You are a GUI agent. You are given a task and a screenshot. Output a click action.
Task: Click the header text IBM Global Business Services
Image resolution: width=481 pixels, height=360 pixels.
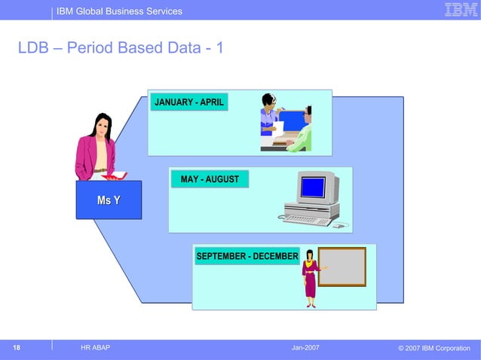click(120, 11)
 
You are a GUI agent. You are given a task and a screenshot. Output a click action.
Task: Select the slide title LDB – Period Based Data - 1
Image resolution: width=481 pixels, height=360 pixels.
click(121, 49)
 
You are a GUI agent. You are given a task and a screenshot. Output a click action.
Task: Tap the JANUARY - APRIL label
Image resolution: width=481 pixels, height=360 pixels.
click(189, 102)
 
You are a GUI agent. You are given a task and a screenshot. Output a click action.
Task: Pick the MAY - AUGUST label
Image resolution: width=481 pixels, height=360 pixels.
click(210, 179)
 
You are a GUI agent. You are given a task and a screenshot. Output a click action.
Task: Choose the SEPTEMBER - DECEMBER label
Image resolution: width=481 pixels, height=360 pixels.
click(247, 257)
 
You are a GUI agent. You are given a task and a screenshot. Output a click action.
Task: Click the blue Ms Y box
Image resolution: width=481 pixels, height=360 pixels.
click(109, 200)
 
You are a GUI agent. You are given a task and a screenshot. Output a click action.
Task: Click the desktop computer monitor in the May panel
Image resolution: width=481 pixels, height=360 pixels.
click(314, 187)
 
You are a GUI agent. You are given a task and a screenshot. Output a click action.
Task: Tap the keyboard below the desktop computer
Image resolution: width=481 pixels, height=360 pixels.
click(306, 220)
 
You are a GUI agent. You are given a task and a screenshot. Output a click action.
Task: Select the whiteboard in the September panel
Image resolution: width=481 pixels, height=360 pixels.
click(342, 267)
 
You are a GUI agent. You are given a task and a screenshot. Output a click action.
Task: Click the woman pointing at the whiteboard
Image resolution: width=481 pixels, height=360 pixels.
click(310, 279)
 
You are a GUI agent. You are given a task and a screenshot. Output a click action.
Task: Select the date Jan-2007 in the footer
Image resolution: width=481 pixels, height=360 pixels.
click(305, 347)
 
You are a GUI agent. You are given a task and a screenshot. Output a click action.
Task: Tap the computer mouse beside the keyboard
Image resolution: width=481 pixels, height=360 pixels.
click(339, 225)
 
